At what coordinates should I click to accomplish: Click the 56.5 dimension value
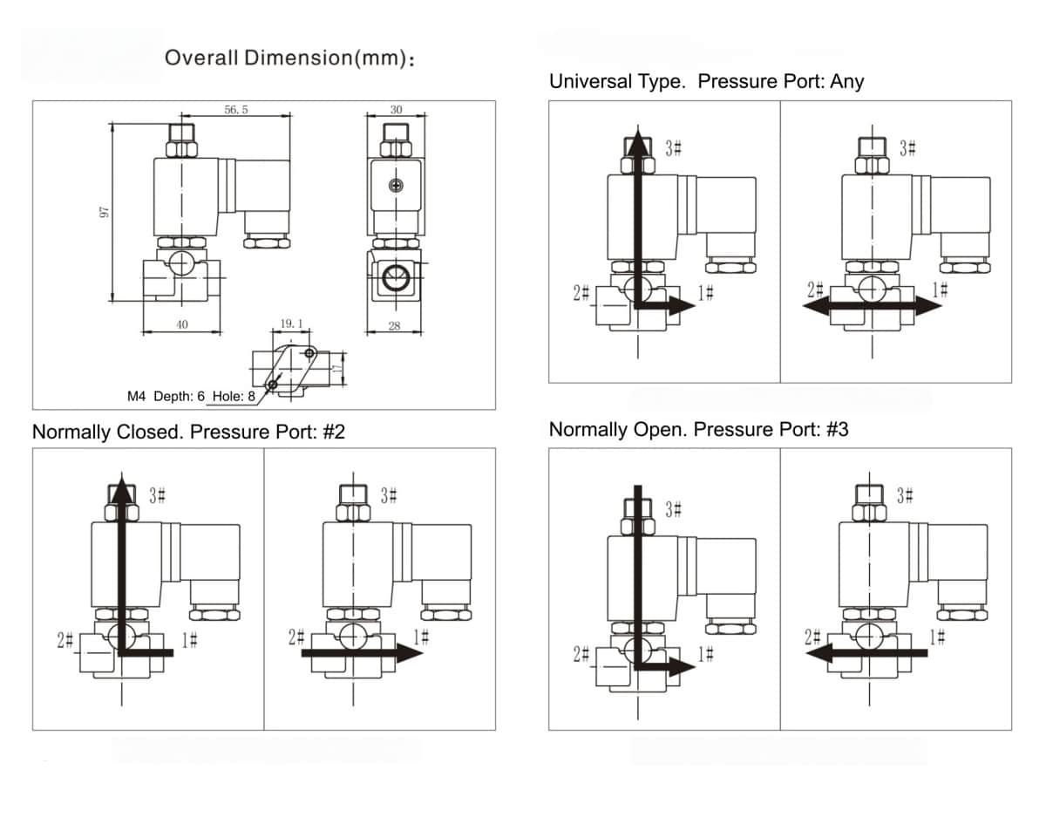click(x=236, y=112)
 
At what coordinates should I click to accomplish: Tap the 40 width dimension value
click(x=181, y=324)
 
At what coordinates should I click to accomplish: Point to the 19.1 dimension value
click(x=291, y=324)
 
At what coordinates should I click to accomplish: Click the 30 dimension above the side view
click(x=396, y=111)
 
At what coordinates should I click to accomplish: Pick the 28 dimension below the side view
click(x=394, y=326)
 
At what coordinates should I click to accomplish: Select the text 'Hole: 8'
click(x=234, y=396)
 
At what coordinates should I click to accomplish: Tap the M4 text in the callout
click(x=137, y=396)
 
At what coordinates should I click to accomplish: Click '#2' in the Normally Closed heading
click(x=333, y=432)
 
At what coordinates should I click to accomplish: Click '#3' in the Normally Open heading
click(x=836, y=429)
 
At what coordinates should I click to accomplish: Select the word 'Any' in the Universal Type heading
click(x=846, y=81)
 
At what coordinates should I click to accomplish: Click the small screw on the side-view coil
click(x=397, y=185)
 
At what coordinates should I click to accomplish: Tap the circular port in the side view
click(x=395, y=278)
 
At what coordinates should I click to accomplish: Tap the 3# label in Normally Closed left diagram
click(x=158, y=496)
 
